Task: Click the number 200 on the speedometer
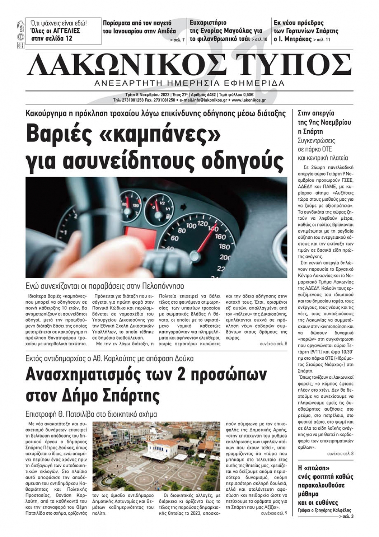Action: click(225, 258)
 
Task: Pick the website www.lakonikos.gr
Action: click(248, 100)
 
